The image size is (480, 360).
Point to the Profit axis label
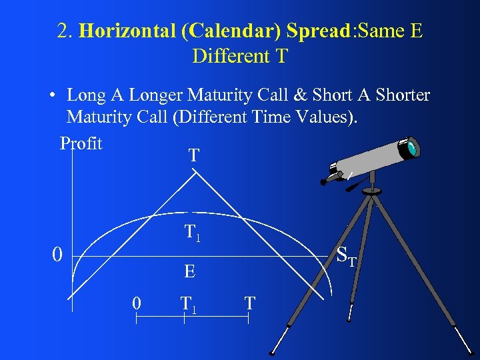coord(81,143)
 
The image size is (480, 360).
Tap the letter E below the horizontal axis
coord(190,271)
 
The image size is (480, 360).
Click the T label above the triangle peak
coord(193,156)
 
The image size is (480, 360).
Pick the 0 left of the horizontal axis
coord(58,255)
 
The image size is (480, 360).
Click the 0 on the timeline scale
coord(136,303)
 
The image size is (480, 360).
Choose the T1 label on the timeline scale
coord(189,304)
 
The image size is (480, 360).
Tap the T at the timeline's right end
coord(249,303)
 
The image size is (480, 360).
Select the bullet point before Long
coord(51,96)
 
